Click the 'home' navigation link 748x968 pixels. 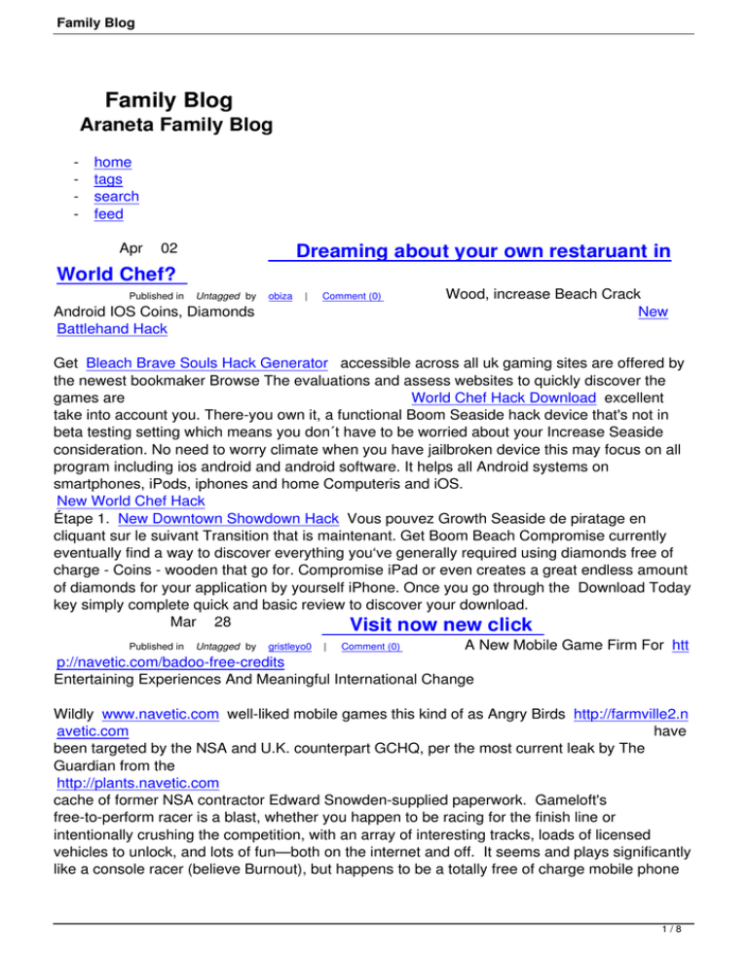tap(112, 163)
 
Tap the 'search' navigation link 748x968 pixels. tap(115, 197)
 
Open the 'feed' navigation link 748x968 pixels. tap(107, 214)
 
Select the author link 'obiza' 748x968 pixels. tap(280, 295)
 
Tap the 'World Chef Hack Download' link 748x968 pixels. tap(504, 398)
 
